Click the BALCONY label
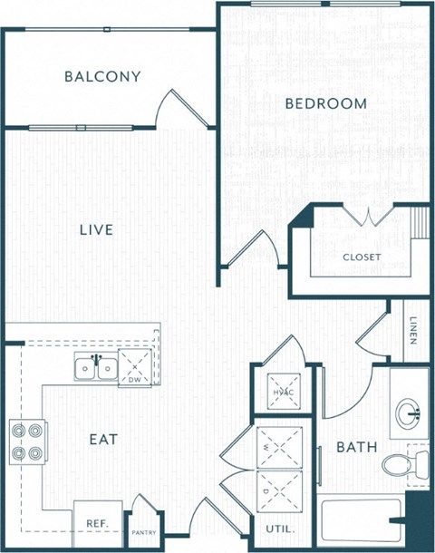(x=102, y=76)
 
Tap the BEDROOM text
(x=326, y=103)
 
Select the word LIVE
(x=95, y=230)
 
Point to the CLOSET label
(x=362, y=257)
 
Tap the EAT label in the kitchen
(x=103, y=440)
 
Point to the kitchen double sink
(x=96, y=368)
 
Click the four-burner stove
(x=26, y=440)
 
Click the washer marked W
(x=278, y=446)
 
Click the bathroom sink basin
(x=409, y=413)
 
